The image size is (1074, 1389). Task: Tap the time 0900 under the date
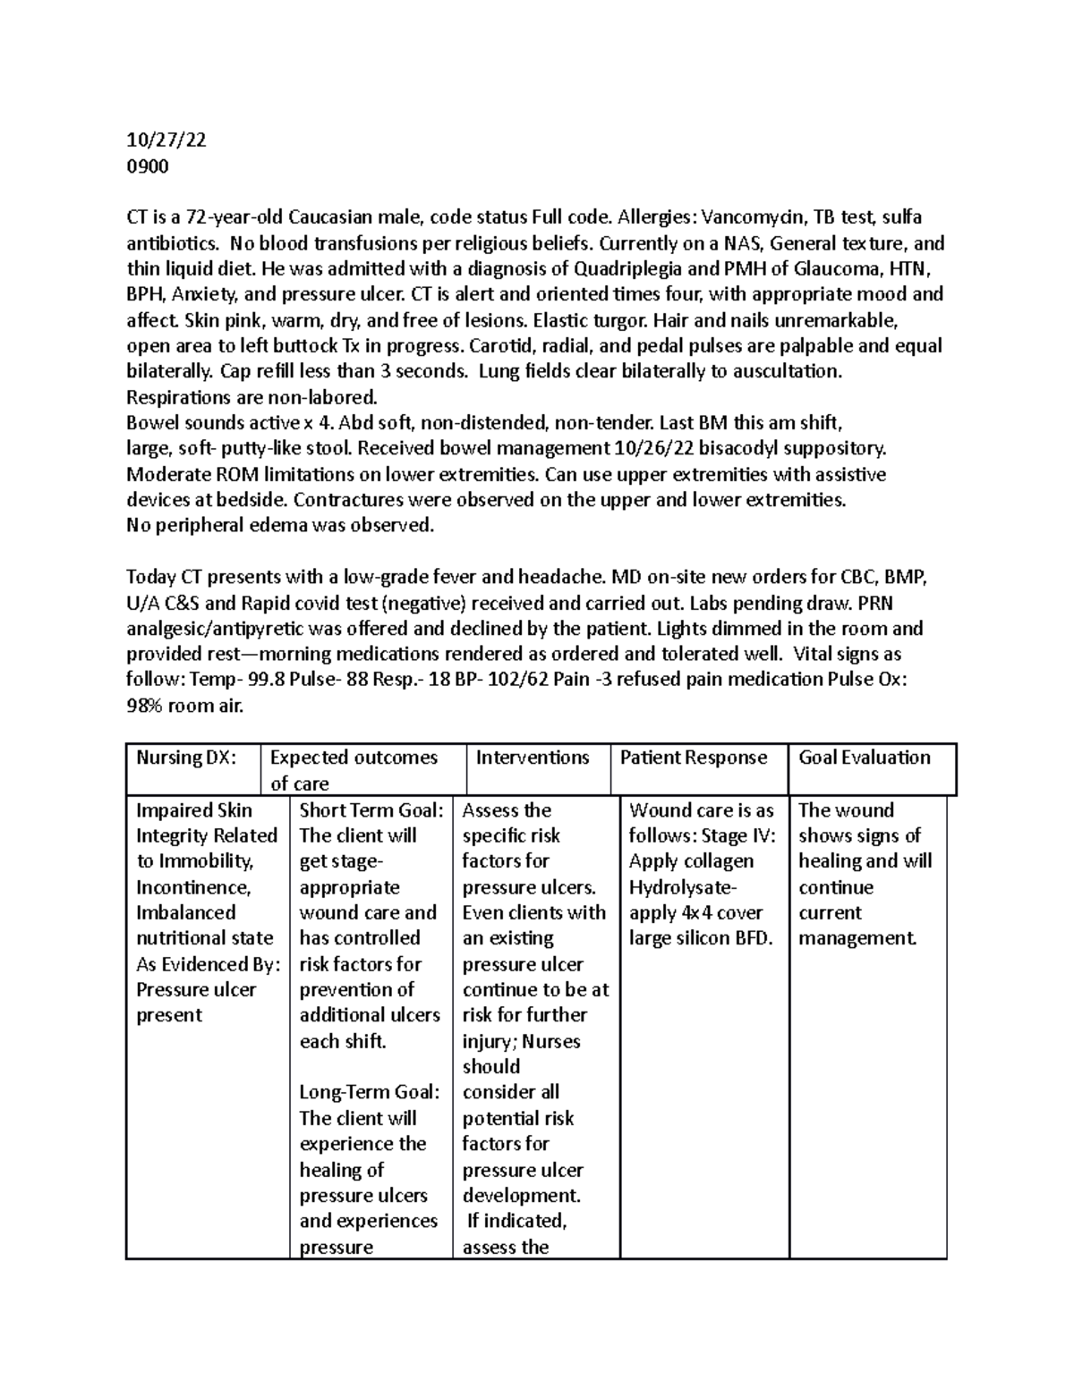point(148,166)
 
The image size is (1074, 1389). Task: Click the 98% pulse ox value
point(146,706)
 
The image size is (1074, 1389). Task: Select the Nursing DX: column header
point(186,758)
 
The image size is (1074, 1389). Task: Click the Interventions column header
point(533,758)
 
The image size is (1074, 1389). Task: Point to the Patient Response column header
point(694,758)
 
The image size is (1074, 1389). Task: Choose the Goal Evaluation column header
point(865,758)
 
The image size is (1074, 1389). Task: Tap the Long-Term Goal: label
point(370,1092)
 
